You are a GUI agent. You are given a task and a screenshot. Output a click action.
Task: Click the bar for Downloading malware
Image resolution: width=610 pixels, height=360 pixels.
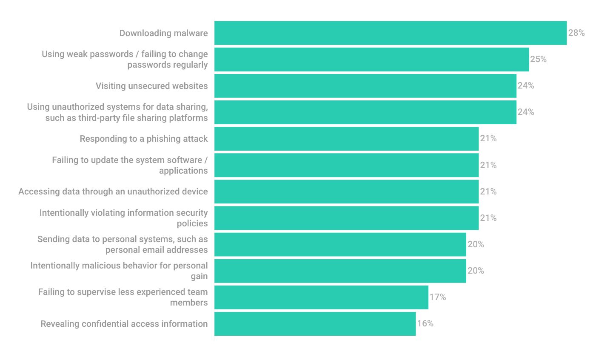pyautogui.click(x=390, y=33)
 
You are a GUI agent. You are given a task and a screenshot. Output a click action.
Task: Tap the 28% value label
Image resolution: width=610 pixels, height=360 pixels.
pyautogui.click(x=576, y=33)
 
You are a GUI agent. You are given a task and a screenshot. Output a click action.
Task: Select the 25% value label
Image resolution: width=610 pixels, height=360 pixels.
pyautogui.click(x=538, y=60)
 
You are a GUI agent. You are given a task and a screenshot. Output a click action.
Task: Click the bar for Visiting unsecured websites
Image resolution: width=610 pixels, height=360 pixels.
pyautogui.click(x=365, y=86)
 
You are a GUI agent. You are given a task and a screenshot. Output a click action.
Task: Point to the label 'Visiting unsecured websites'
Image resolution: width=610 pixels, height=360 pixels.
pyautogui.click(x=151, y=86)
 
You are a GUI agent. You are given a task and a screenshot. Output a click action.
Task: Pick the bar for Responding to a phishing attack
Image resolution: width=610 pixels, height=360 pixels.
pyautogui.click(x=346, y=139)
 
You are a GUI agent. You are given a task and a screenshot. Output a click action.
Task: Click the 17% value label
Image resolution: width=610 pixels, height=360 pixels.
pyautogui.click(x=437, y=297)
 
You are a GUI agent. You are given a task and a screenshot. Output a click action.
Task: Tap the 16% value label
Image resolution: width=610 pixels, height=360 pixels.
pyautogui.click(x=425, y=323)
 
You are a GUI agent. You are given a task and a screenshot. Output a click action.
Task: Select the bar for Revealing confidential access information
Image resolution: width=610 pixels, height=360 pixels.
pyautogui.click(x=315, y=323)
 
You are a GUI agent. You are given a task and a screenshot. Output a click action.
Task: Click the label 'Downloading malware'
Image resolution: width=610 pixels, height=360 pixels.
pyautogui.click(x=163, y=33)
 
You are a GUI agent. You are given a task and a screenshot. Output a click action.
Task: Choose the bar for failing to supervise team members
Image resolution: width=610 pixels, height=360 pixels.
pyautogui.click(x=321, y=297)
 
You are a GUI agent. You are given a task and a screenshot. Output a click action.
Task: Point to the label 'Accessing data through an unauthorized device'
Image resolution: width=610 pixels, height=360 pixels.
pyautogui.click(x=113, y=191)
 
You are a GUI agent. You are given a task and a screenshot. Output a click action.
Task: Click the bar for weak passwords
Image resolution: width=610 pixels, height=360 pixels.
pyautogui.click(x=371, y=60)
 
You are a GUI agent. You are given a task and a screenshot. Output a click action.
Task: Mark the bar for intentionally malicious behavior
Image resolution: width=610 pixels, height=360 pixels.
pyautogui.click(x=340, y=271)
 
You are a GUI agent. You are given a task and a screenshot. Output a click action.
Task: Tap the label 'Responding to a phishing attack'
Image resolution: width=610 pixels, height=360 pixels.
pyautogui.click(x=144, y=139)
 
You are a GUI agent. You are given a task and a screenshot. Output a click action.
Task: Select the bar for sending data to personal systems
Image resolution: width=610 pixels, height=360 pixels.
pyautogui.click(x=340, y=244)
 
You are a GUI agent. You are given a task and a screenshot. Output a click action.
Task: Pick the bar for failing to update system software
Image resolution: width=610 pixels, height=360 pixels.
pyautogui.click(x=346, y=165)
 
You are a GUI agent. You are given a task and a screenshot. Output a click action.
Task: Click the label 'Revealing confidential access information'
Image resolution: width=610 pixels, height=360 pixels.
pyautogui.click(x=124, y=324)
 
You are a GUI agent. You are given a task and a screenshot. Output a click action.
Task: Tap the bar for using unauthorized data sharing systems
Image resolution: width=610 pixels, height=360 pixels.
pyautogui.click(x=365, y=112)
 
